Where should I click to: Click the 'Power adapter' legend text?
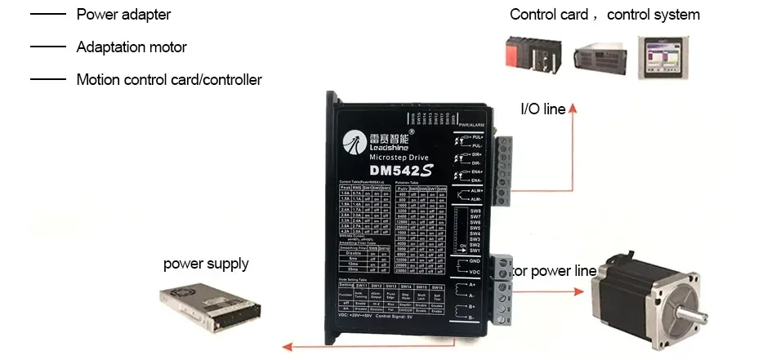[123, 15]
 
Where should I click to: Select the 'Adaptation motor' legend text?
[131, 47]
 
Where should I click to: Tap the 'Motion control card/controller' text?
[168, 80]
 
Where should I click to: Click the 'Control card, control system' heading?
[604, 15]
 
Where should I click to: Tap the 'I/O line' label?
[543, 109]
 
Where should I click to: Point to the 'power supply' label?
[206, 264]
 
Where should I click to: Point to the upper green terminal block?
[504, 167]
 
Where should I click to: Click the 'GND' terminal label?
[475, 260]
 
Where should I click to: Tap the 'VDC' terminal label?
[475, 272]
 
